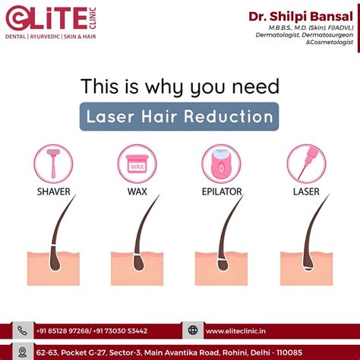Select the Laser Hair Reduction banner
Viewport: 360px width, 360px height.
point(179,118)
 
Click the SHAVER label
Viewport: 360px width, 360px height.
point(54,191)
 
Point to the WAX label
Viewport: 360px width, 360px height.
point(137,191)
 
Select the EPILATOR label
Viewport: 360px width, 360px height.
point(221,191)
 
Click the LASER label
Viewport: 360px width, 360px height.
point(306,191)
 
